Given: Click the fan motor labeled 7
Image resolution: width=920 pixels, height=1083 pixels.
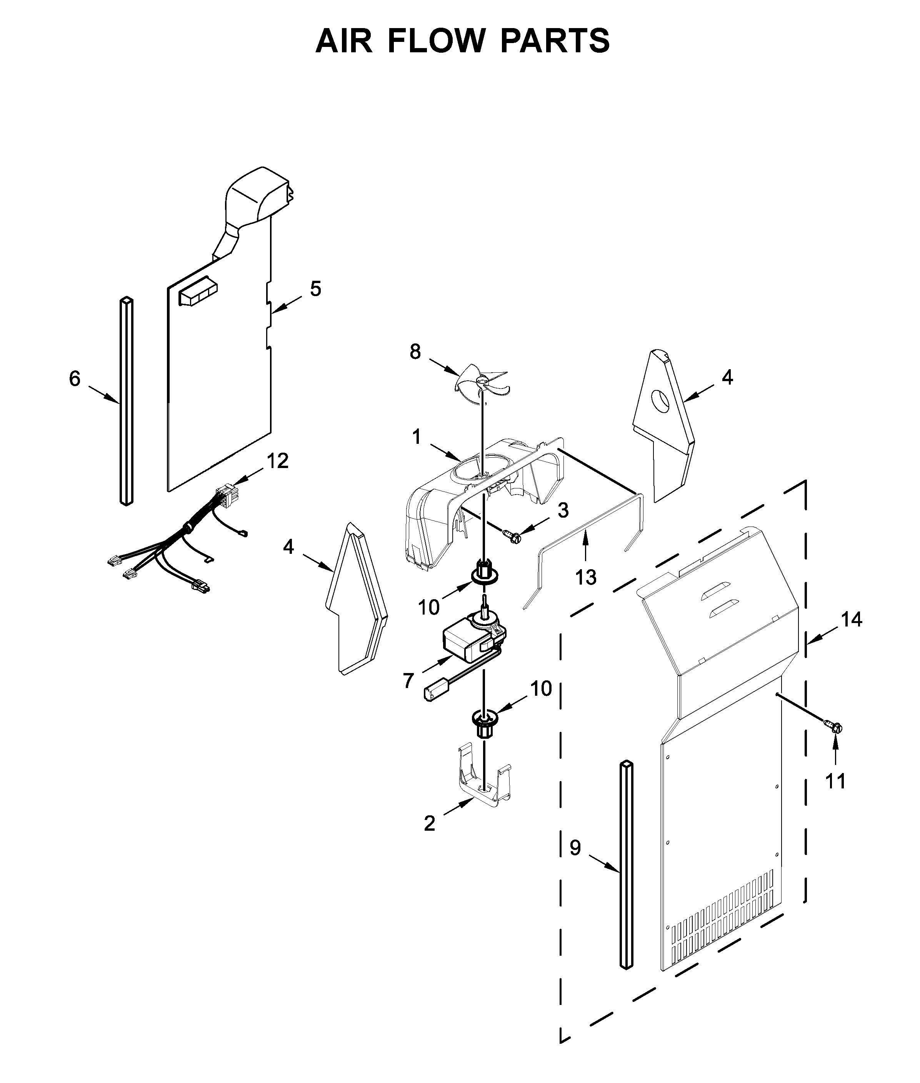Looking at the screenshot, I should coord(469,640).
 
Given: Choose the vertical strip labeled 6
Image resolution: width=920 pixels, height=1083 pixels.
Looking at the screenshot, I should coord(127,402).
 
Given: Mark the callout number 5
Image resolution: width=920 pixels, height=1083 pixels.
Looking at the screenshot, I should coord(315,288).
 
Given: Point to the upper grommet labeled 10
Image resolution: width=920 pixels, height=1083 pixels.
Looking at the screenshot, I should coord(485,574).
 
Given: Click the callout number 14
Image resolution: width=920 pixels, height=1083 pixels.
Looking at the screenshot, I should coord(851,619).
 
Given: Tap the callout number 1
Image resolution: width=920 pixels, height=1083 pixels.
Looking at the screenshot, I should coord(416,437).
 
